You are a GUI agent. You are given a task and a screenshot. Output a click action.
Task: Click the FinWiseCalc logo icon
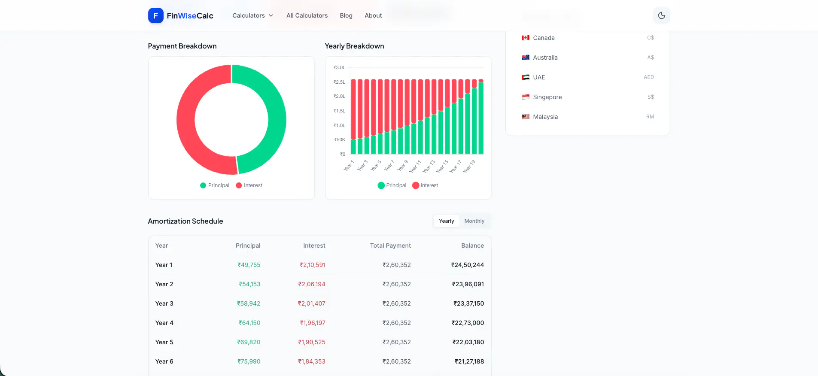tap(155, 15)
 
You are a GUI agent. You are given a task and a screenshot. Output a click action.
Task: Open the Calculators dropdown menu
tap(252, 15)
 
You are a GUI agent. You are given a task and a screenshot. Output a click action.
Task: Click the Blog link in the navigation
tap(346, 15)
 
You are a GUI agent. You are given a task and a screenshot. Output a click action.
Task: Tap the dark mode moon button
tap(661, 15)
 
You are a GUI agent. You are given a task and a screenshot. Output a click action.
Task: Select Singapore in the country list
tap(547, 97)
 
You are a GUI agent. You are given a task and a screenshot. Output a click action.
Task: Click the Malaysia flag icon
tap(525, 117)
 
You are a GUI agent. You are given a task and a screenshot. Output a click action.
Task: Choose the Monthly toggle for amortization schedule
tap(474, 221)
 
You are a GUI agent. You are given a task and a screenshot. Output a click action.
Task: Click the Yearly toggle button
tap(446, 221)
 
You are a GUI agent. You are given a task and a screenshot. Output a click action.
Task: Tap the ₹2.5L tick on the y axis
tap(339, 82)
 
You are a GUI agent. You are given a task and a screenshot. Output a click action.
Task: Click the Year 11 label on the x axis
tap(415, 167)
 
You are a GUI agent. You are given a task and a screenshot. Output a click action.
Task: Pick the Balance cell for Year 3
tap(468, 303)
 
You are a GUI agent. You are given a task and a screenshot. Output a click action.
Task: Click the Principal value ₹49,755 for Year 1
tap(249, 265)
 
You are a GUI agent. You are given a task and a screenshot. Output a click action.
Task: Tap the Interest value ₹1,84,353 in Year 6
tap(312, 361)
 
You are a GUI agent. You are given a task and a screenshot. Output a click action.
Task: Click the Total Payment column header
tap(390, 246)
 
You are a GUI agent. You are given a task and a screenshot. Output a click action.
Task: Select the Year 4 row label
tap(164, 323)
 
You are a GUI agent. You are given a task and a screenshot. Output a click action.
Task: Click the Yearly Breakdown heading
tap(354, 46)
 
